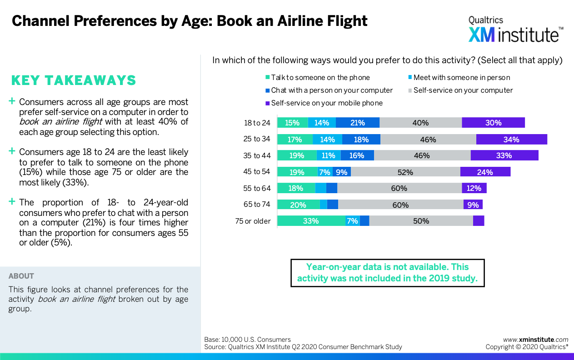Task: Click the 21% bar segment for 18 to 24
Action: click(x=358, y=123)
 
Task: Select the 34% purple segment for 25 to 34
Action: click(x=511, y=140)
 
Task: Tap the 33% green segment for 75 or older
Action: click(x=311, y=221)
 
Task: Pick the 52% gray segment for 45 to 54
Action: click(x=405, y=172)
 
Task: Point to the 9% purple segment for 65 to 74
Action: click(x=473, y=205)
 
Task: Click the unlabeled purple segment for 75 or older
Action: click(x=478, y=221)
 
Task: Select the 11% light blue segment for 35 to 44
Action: click(x=329, y=155)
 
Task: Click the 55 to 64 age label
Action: click(x=257, y=188)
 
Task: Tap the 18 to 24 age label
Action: click(x=257, y=123)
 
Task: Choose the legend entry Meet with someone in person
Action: click(x=461, y=78)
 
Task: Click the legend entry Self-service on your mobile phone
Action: click(x=327, y=103)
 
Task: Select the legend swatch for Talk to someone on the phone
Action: click(x=268, y=78)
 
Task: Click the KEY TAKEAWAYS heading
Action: click(x=74, y=80)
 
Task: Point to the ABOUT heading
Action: click(x=21, y=276)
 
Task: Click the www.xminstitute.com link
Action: click(x=535, y=339)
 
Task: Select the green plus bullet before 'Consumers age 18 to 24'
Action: click(x=12, y=151)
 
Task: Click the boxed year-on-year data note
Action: click(x=387, y=273)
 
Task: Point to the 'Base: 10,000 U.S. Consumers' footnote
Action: click(x=247, y=339)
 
